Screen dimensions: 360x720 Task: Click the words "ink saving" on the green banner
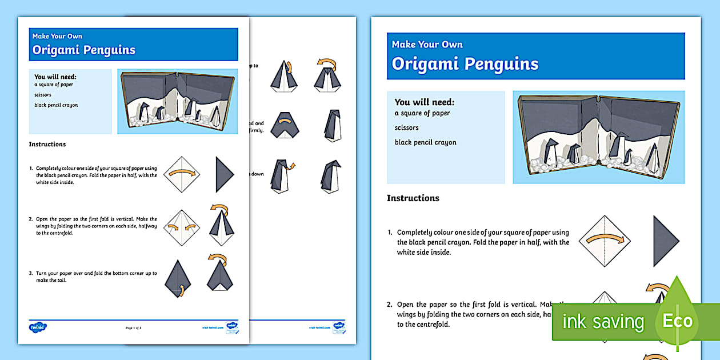(x=603, y=322)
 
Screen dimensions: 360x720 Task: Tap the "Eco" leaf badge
(x=677, y=321)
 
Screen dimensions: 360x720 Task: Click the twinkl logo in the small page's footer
(x=38, y=327)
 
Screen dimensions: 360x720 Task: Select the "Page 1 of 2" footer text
(x=133, y=328)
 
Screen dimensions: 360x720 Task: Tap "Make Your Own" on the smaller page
(x=57, y=37)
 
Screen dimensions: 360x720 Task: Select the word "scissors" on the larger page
(x=406, y=128)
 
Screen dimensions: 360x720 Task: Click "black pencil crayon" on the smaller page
(x=55, y=105)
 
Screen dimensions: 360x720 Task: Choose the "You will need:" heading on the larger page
(x=424, y=102)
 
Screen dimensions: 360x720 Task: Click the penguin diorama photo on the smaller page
(x=177, y=102)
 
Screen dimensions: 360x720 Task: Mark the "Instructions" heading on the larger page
(x=413, y=198)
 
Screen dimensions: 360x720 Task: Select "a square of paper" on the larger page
(x=422, y=113)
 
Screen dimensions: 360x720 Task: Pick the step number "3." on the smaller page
(x=31, y=273)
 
